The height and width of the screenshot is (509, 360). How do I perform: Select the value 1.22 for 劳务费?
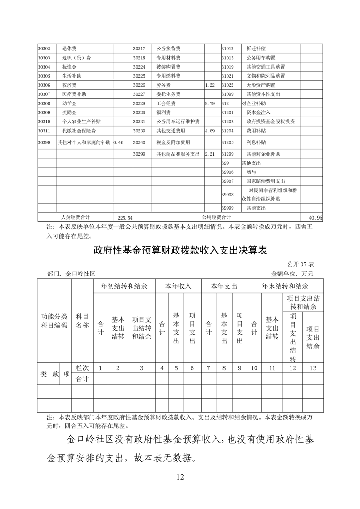tap(210, 85)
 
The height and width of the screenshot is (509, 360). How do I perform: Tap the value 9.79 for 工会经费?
tap(210, 103)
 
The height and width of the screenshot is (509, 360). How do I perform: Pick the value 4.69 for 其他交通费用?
tap(210, 131)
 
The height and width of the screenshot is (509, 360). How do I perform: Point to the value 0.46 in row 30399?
tap(118, 142)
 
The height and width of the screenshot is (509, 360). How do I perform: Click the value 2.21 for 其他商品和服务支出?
tap(210, 154)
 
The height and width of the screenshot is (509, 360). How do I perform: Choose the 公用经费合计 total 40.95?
tap(315, 218)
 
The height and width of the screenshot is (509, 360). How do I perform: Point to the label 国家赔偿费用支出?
tap(266, 181)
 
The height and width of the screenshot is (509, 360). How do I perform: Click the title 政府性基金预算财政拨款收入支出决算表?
tap(180, 250)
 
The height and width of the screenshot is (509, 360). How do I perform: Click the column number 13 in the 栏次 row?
tap(312, 368)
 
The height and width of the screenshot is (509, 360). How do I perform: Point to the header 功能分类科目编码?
tap(54, 321)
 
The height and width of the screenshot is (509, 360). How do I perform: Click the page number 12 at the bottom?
tap(180, 476)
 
